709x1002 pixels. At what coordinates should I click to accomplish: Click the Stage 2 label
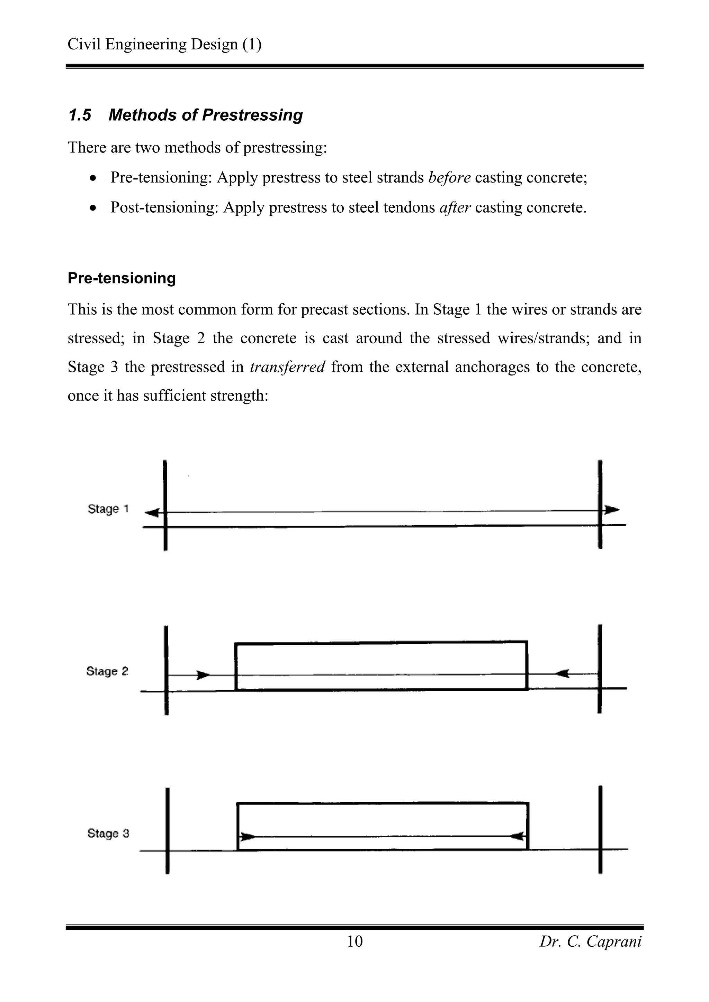click(x=107, y=671)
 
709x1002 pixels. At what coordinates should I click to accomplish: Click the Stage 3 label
click(x=108, y=833)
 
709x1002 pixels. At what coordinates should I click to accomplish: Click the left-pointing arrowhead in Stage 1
click(x=152, y=513)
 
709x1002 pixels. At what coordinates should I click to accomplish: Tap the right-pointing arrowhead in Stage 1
click(x=612, y=509)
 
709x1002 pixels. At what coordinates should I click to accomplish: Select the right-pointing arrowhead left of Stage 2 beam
click(x=203, y=675)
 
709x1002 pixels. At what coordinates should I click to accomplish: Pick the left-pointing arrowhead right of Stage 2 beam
click(x=562, y=674)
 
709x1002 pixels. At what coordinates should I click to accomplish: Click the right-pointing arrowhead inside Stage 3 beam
click(x=248, y=837)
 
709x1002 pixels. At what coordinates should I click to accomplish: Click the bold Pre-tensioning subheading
click(x=122, y=278)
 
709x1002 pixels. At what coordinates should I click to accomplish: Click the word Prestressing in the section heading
click(x=252, y=115)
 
